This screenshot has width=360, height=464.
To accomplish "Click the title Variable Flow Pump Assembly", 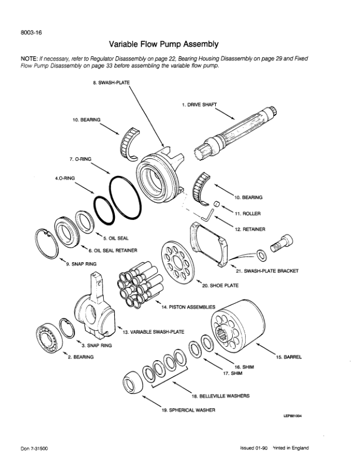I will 164,43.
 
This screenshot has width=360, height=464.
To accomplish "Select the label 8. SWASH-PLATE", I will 111,83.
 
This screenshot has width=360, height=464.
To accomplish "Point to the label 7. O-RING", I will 79,159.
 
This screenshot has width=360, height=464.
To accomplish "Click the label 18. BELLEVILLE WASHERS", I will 225,396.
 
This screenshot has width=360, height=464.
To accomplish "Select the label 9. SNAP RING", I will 83,265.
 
